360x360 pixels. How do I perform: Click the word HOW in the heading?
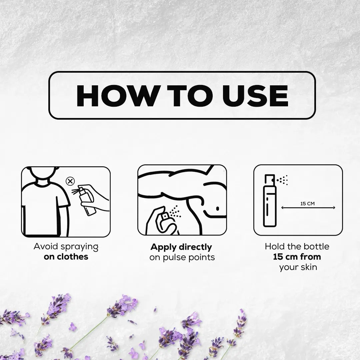tap(117, 96)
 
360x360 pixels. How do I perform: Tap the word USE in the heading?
tap(255, 96)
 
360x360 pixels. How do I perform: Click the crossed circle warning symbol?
tap(70, 181)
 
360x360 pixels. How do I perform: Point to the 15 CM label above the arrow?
tap(307, 204)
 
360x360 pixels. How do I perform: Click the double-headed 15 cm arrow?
tap(308, 208)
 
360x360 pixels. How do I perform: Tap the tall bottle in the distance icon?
tap(270, 200)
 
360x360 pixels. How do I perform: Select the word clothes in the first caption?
tap(72, 257)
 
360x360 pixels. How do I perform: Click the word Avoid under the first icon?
tap(45, 246)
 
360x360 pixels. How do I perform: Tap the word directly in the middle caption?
tap(195, 247)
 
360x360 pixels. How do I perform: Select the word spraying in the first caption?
tap(79, 247)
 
